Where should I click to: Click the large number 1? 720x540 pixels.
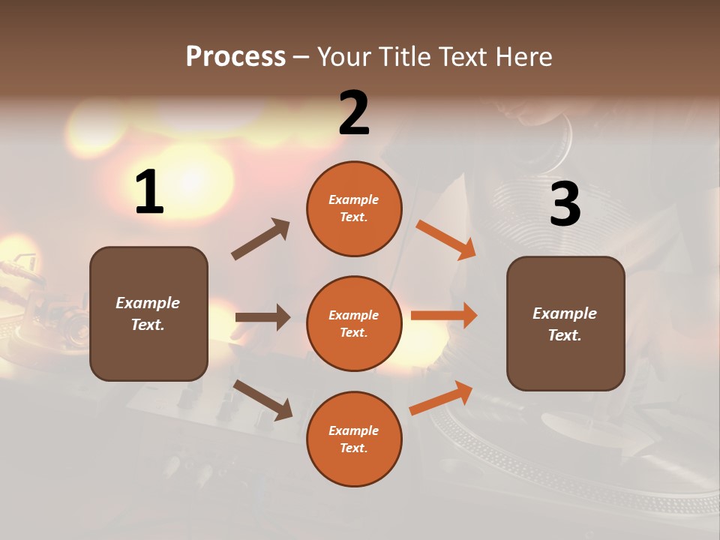pyautogui.click(x=149, y=193)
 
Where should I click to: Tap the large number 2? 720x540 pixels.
pyautogui.click(x=354, y=113)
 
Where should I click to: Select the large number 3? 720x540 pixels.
pyautogui.click(x=565, y=204)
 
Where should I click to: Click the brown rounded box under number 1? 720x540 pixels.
pyautogui.click(x=148, y=313)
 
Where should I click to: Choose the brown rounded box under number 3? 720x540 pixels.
pyautogui.click(x=565, y=323)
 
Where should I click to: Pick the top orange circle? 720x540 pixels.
pyautogui.click(x=354, y=208)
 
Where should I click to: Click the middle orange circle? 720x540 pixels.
pyautogui.click(x=354, y=323)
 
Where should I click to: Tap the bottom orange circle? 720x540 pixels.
pyautogui.click(x=354, y=439)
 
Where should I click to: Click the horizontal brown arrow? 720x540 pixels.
pyautogui.click(x=262, y=317)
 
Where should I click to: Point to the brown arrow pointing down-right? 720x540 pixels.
pyautogui.click(x=263, y=400)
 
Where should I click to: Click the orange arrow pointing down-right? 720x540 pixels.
pyautogui.click(x=446, y=239)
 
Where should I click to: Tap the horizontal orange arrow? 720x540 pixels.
pyautogui.click(x=444, y=315)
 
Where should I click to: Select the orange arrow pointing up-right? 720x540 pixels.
pyautogui.click(x=442, y=397)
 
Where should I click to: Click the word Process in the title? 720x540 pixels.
pyautogui.click(x=235, y=57)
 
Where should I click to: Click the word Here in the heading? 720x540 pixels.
pyautogui.click(x=523, y=57)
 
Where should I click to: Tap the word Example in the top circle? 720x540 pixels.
pyautogui.click(x=353, y=199)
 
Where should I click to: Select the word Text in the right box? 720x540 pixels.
pyautogui.click(x=564, y=335)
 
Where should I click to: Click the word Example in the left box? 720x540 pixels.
pyautogui.click(x=148, y=303)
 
